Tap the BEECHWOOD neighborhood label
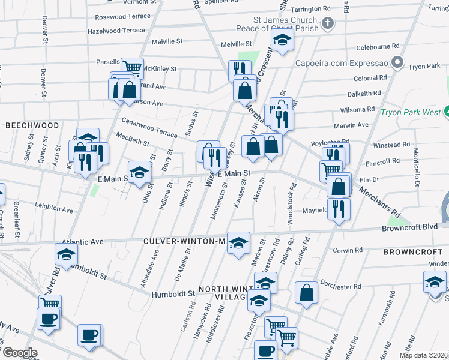coord(32,125)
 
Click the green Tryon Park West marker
coord(447,112)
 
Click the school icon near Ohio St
coord(139,172)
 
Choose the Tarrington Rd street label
coord(310,10)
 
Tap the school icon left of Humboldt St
coord(66,254)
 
